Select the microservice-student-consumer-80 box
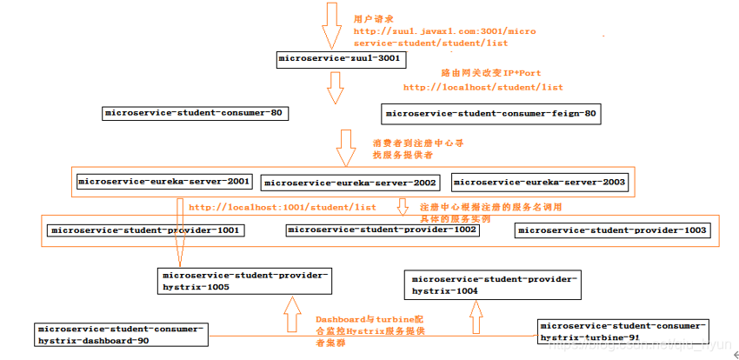(x=194, y=113)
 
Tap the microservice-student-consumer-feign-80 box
(x=491, y=113)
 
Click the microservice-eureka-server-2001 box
(x=164, y=182)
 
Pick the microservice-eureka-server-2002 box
(x=350, y=183)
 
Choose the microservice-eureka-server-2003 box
(x=539, y=182)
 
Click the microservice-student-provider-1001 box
(x=145, y=230)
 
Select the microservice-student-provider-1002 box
(x=383, y=230)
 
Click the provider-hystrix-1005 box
(x=244, y=280)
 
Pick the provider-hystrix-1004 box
(x=492, y=284)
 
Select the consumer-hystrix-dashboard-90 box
(x=122, y=336)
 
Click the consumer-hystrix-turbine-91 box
(x=622, y=330)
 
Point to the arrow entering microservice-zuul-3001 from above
(x=331, y=24)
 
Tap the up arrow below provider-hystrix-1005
(x=290, y=314)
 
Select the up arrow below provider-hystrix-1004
(x=474, y=317)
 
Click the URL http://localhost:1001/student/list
(x=283, y=208)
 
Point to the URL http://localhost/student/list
(x=483, y=87)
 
